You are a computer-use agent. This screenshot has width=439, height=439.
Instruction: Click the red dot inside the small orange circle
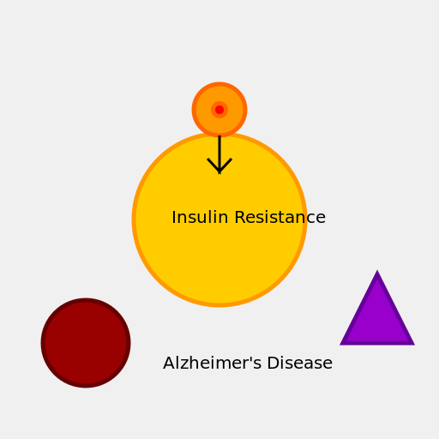(219, 110)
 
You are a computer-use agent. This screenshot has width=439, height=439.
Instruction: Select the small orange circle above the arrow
(219, 110)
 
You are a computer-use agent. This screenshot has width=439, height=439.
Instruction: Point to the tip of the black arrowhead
(219, 173)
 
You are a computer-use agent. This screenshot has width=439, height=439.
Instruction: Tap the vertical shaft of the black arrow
(219, 154)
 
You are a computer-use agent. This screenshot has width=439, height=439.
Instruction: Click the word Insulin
(200, 217)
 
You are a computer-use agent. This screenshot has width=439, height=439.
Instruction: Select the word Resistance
(280, 217)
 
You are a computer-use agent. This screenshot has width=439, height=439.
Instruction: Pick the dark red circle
(86, 343)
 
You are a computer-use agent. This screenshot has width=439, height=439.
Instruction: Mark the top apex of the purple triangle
(377, 270)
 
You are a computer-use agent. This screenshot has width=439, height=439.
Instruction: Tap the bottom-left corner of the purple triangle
(340, 345)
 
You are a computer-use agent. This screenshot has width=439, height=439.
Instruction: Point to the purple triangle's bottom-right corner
(414, 345)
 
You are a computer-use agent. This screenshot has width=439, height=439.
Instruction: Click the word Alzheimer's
(213, 363)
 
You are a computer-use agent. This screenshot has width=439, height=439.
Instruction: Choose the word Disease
(300, 363)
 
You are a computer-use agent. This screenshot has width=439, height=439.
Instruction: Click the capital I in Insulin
(173, 217)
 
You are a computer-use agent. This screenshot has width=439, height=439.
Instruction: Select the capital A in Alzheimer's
(169, 363)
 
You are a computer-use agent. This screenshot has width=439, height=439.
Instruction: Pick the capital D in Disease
(273, 363)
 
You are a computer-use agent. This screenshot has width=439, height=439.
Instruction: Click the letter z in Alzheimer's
(183, 365)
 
